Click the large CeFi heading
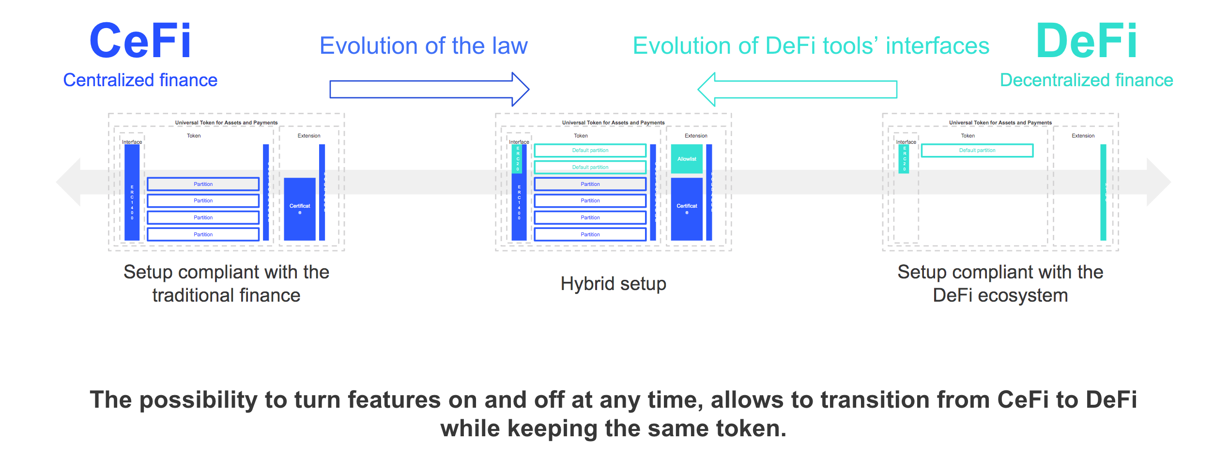[140, 41]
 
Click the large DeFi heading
[1087, 41]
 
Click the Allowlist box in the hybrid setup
[687, 159]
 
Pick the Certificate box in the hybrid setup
[687, 209]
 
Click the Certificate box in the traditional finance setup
[300, 209]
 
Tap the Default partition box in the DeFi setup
[977, 151]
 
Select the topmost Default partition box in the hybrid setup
[590, 151]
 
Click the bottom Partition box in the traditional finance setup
[203, 235]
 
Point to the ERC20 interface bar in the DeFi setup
[904, 159]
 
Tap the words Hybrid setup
[613, 284]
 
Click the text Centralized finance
[140, 80]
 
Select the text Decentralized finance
[1086, 80]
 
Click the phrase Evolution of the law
[424, 46]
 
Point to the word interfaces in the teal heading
[937, 46]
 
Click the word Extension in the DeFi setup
[1083, 136]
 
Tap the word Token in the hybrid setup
[581, 136]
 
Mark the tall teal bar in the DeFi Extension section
[1103, 192]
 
